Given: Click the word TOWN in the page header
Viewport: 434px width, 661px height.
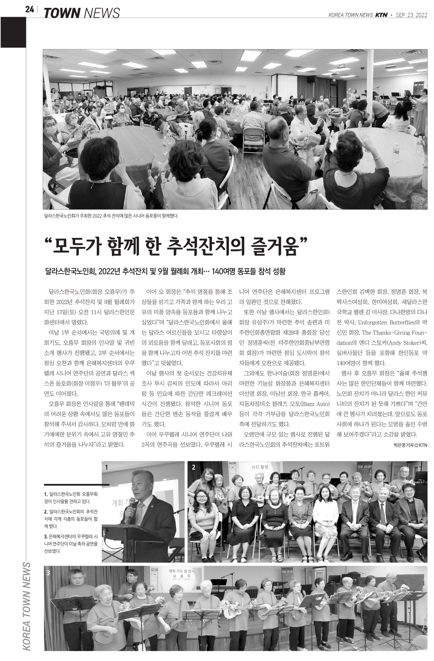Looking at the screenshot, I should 62,13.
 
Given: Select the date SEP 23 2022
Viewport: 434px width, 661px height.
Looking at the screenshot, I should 411,15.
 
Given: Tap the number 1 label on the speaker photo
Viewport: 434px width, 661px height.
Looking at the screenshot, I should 106,466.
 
